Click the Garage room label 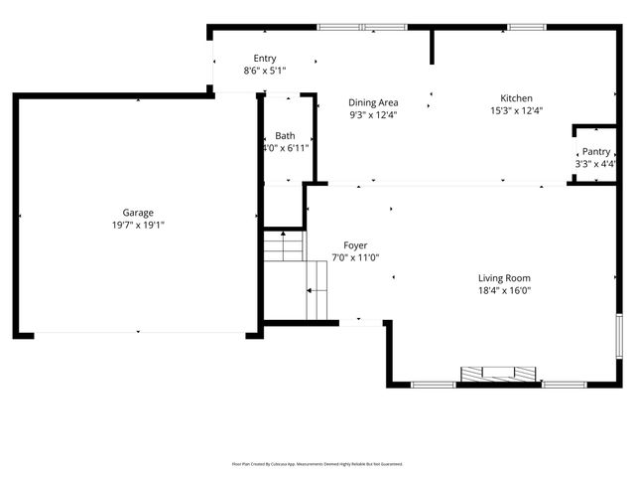(x=137, y=212)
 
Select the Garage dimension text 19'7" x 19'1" (x=137, y=226)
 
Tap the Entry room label (x=265, y=58)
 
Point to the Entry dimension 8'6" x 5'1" (x=265, y=71)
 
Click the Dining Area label (x=373, y=101)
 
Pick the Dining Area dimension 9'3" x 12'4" (x=373, y=114)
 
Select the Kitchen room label (x=516, y=98)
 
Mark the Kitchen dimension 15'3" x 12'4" (x=516, y=111)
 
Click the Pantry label (x=596, y=151)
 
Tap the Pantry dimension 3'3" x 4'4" (x=596, y=164)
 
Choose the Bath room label (x=285, y=135)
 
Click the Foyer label (x=355, y=244)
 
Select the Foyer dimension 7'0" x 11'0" (x=355, y=257)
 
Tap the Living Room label (x=504, y=278)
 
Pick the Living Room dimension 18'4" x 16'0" (x=504, y=291)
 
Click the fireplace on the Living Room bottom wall (x=498, y=375)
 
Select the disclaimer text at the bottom (x=317, y=463)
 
